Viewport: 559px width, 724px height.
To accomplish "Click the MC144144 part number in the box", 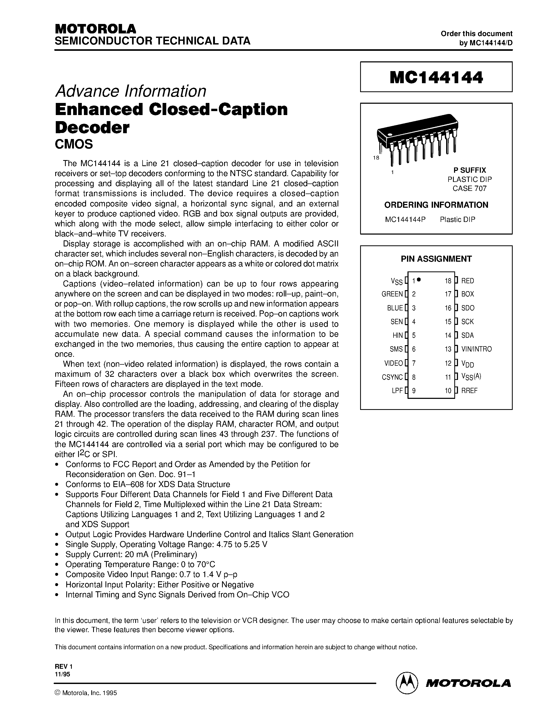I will click(x=436, y=77).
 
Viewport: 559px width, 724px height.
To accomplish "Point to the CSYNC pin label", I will click(x=392, y=377).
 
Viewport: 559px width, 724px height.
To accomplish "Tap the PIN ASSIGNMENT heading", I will click(x=436, y=259).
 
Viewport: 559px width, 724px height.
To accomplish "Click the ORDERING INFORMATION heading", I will click(x=436, y=205).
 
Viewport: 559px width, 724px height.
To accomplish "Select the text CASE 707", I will click(x=469, y=189).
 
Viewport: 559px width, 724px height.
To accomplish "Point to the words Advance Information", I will click(x=130, y=91).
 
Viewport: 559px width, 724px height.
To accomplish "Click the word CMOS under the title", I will click(x=74, y=144).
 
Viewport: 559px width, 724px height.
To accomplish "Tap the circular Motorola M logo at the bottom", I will click(x=407, y=683).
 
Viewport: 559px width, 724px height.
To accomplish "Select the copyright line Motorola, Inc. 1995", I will click(x=86, y=693).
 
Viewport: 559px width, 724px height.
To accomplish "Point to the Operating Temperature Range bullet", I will click(x=140, y=564).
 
